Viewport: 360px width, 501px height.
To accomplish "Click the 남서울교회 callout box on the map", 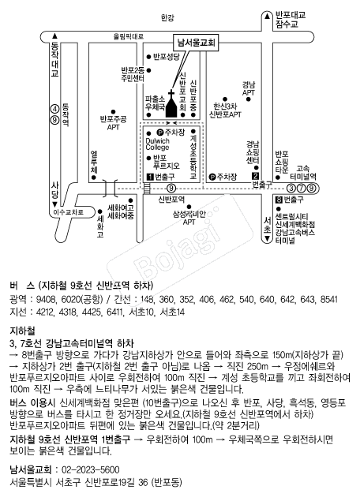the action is (197, 43).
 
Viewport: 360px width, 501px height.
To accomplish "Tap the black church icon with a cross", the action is (171, 104).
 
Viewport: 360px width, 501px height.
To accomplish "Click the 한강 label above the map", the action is (167, 18).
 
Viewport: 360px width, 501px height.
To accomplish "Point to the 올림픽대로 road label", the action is (129, 37).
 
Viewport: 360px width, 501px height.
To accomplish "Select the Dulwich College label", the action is (157, 144).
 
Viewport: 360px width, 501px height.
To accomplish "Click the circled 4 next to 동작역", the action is (55, 110).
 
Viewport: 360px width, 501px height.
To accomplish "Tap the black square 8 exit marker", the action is (279, 200).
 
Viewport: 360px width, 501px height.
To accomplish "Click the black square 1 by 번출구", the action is (150, 177).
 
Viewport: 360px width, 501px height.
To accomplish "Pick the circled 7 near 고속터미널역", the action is (301, 189).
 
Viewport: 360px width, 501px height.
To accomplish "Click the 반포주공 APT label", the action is (113, 123).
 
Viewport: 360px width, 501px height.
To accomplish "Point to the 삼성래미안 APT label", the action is (189, 218).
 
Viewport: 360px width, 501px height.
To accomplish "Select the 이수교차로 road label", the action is (68, 211).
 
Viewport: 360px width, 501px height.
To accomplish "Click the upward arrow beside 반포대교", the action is (267, 15).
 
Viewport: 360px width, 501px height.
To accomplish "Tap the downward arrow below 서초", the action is (267, 239).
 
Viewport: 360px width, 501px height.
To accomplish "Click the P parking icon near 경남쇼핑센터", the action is (212, 177).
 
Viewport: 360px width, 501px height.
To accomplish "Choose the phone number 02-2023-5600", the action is (91, 470).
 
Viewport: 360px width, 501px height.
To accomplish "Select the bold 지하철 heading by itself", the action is (22, 331).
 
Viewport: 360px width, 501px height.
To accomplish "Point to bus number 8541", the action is (328, 299).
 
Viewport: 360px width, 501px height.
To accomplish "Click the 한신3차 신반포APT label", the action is (225, 110).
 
